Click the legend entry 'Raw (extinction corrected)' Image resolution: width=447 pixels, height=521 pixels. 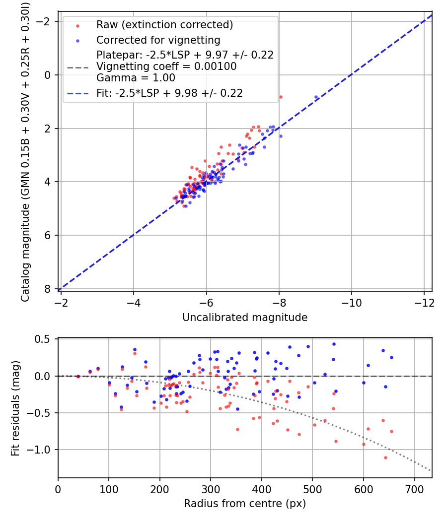click(164, 25)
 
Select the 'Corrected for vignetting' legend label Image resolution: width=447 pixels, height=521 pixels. click(158, 40)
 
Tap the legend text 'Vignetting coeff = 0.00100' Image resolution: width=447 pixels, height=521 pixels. click(166, 66)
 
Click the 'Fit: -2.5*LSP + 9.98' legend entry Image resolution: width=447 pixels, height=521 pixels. click(170, 93)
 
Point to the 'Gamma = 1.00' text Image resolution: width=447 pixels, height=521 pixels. click(136, 78)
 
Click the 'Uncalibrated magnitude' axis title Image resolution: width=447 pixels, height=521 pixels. click(245, 318)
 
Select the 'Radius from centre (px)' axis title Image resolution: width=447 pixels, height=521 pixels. click(245, 504)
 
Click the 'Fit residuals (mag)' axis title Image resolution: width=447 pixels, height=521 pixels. click(15, 408)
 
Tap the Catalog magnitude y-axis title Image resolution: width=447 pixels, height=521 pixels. click(25, 152)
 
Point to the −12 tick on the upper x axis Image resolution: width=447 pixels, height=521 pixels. click(424, 303)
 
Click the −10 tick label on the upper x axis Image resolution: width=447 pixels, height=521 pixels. click(351, 303)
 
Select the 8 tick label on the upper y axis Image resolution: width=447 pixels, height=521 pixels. click(48, 289)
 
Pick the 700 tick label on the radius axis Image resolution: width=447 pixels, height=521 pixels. click(415, 489)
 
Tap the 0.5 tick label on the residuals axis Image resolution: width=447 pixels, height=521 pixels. click(42, 339)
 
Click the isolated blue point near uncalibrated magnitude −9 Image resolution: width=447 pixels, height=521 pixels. click(316, 97)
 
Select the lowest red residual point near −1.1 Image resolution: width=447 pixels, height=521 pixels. click(385, 457)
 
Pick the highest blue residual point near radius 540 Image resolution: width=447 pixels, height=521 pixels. click(334, 344)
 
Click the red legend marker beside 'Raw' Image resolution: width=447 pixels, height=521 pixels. click(77, 26)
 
